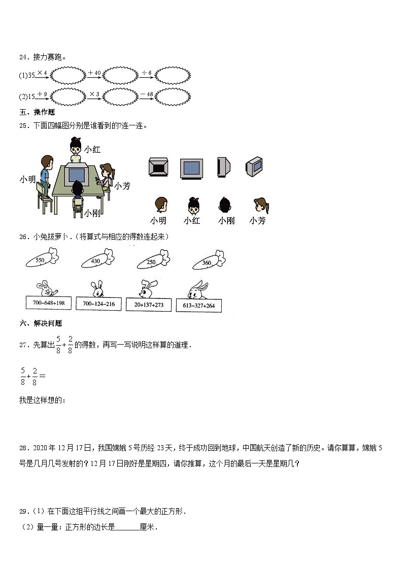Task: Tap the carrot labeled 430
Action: click(96, 260)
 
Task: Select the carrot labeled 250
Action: click(153, 260)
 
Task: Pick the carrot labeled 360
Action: click(209, 261)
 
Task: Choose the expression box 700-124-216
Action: click(98, 304)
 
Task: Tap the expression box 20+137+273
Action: click(149, 304)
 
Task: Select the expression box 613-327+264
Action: click(198, 305)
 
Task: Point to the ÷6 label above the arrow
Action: click(146, 73)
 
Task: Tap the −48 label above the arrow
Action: click(146, 94)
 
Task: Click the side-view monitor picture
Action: click(223, 167)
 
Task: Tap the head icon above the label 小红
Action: click(193, 205)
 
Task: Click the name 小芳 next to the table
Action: click(122, 186)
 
